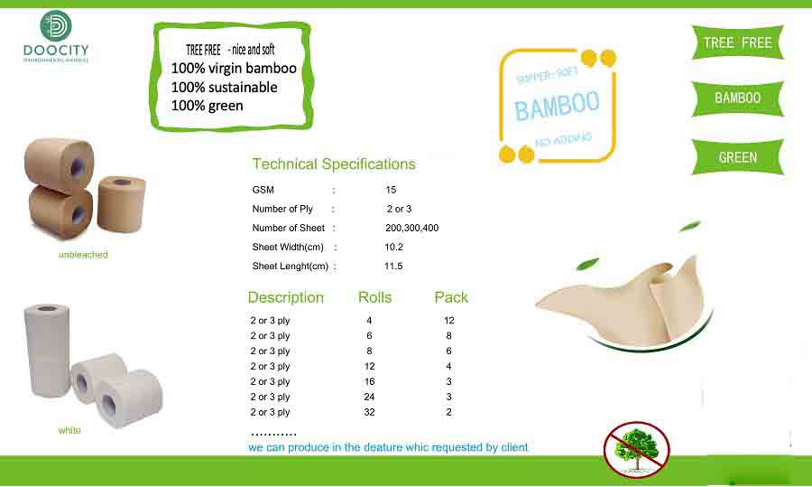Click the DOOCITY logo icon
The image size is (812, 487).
(x=57, y=26)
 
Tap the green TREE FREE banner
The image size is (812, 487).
(x=737, y=42)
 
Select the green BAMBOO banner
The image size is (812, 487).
(x=737, y=98)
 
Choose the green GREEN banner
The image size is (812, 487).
(x=737, y=157)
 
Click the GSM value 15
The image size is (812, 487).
(x=391, y=190)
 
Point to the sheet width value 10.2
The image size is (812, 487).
(x=393, y=247)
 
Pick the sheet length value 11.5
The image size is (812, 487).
(x=393, y=267)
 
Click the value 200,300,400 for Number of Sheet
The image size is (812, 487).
(x=411, y=228)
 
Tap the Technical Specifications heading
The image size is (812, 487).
(x=334, y=164)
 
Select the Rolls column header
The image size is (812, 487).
(x=374, y=297)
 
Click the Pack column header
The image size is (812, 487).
(x=451, y=297)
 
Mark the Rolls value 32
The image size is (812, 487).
(x=369, y=412)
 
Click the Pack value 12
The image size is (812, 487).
(x=448, y=321)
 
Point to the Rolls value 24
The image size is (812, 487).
(x=369, y=397)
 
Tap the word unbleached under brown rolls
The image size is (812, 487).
(x=82, y=255)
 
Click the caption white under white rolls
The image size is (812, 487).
(x=69, y=430)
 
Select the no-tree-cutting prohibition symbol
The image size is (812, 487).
(x=636, y=449)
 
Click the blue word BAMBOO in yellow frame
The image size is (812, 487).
(x=557, y=107)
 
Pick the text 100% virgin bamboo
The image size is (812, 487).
(x=234, y=69)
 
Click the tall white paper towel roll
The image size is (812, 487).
(x=47, y=351)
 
